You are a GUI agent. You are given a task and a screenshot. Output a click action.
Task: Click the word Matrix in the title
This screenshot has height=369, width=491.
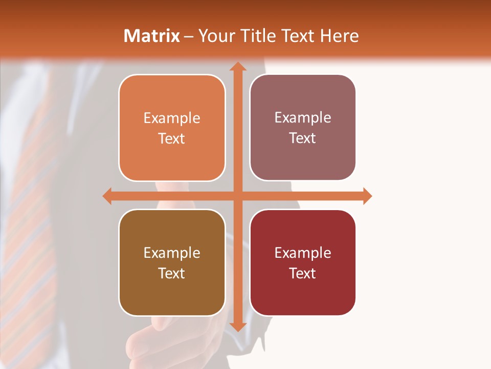(152, 36)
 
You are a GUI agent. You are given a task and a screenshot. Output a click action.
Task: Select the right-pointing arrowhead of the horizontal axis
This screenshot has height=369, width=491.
(367, 196)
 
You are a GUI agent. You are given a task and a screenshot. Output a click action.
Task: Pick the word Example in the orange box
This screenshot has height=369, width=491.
(172, 118)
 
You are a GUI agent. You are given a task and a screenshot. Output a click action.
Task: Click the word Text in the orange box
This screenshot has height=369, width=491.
(172, 139)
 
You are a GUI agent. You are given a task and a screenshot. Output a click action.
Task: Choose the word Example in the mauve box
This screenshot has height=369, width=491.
(303, 118)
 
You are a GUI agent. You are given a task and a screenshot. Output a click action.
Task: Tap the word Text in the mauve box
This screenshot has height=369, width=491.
(303, 138)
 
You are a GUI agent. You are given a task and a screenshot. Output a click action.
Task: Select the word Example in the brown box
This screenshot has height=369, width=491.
(172, 253)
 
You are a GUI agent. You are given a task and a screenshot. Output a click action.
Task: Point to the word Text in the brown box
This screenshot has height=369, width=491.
(172, 274)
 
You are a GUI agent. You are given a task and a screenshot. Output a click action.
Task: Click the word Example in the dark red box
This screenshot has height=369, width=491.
(303, 253)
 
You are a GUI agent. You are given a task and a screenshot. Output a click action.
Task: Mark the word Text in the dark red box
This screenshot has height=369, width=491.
(303, 274)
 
